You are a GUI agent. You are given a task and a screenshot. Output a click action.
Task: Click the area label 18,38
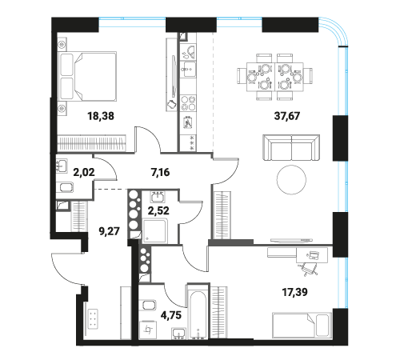101,116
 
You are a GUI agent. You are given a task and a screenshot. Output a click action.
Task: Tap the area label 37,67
287,116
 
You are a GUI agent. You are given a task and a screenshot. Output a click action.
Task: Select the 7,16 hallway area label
160,172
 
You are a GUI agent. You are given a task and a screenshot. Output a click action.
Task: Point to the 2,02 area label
84,172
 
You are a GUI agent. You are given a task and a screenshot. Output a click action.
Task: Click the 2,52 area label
158,210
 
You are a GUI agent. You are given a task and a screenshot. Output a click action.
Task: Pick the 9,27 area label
110,231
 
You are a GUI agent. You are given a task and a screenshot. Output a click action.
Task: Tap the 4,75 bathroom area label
171,315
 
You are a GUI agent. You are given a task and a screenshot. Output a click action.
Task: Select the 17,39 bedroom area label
295,292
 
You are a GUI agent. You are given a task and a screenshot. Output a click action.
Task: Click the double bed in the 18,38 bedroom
87,76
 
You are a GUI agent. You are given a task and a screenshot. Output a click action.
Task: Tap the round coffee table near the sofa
291,180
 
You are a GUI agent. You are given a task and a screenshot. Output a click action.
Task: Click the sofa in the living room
291,147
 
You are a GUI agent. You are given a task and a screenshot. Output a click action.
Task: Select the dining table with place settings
275,77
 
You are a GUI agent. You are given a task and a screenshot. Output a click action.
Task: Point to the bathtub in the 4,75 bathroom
198,312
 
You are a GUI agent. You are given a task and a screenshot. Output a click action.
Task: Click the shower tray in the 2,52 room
155,231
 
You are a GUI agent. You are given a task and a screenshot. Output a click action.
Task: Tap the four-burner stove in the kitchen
188,103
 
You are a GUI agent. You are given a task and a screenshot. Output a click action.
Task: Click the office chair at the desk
307,269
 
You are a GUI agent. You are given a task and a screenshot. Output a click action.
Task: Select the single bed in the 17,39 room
302,325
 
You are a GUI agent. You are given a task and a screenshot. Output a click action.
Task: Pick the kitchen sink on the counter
188,70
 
